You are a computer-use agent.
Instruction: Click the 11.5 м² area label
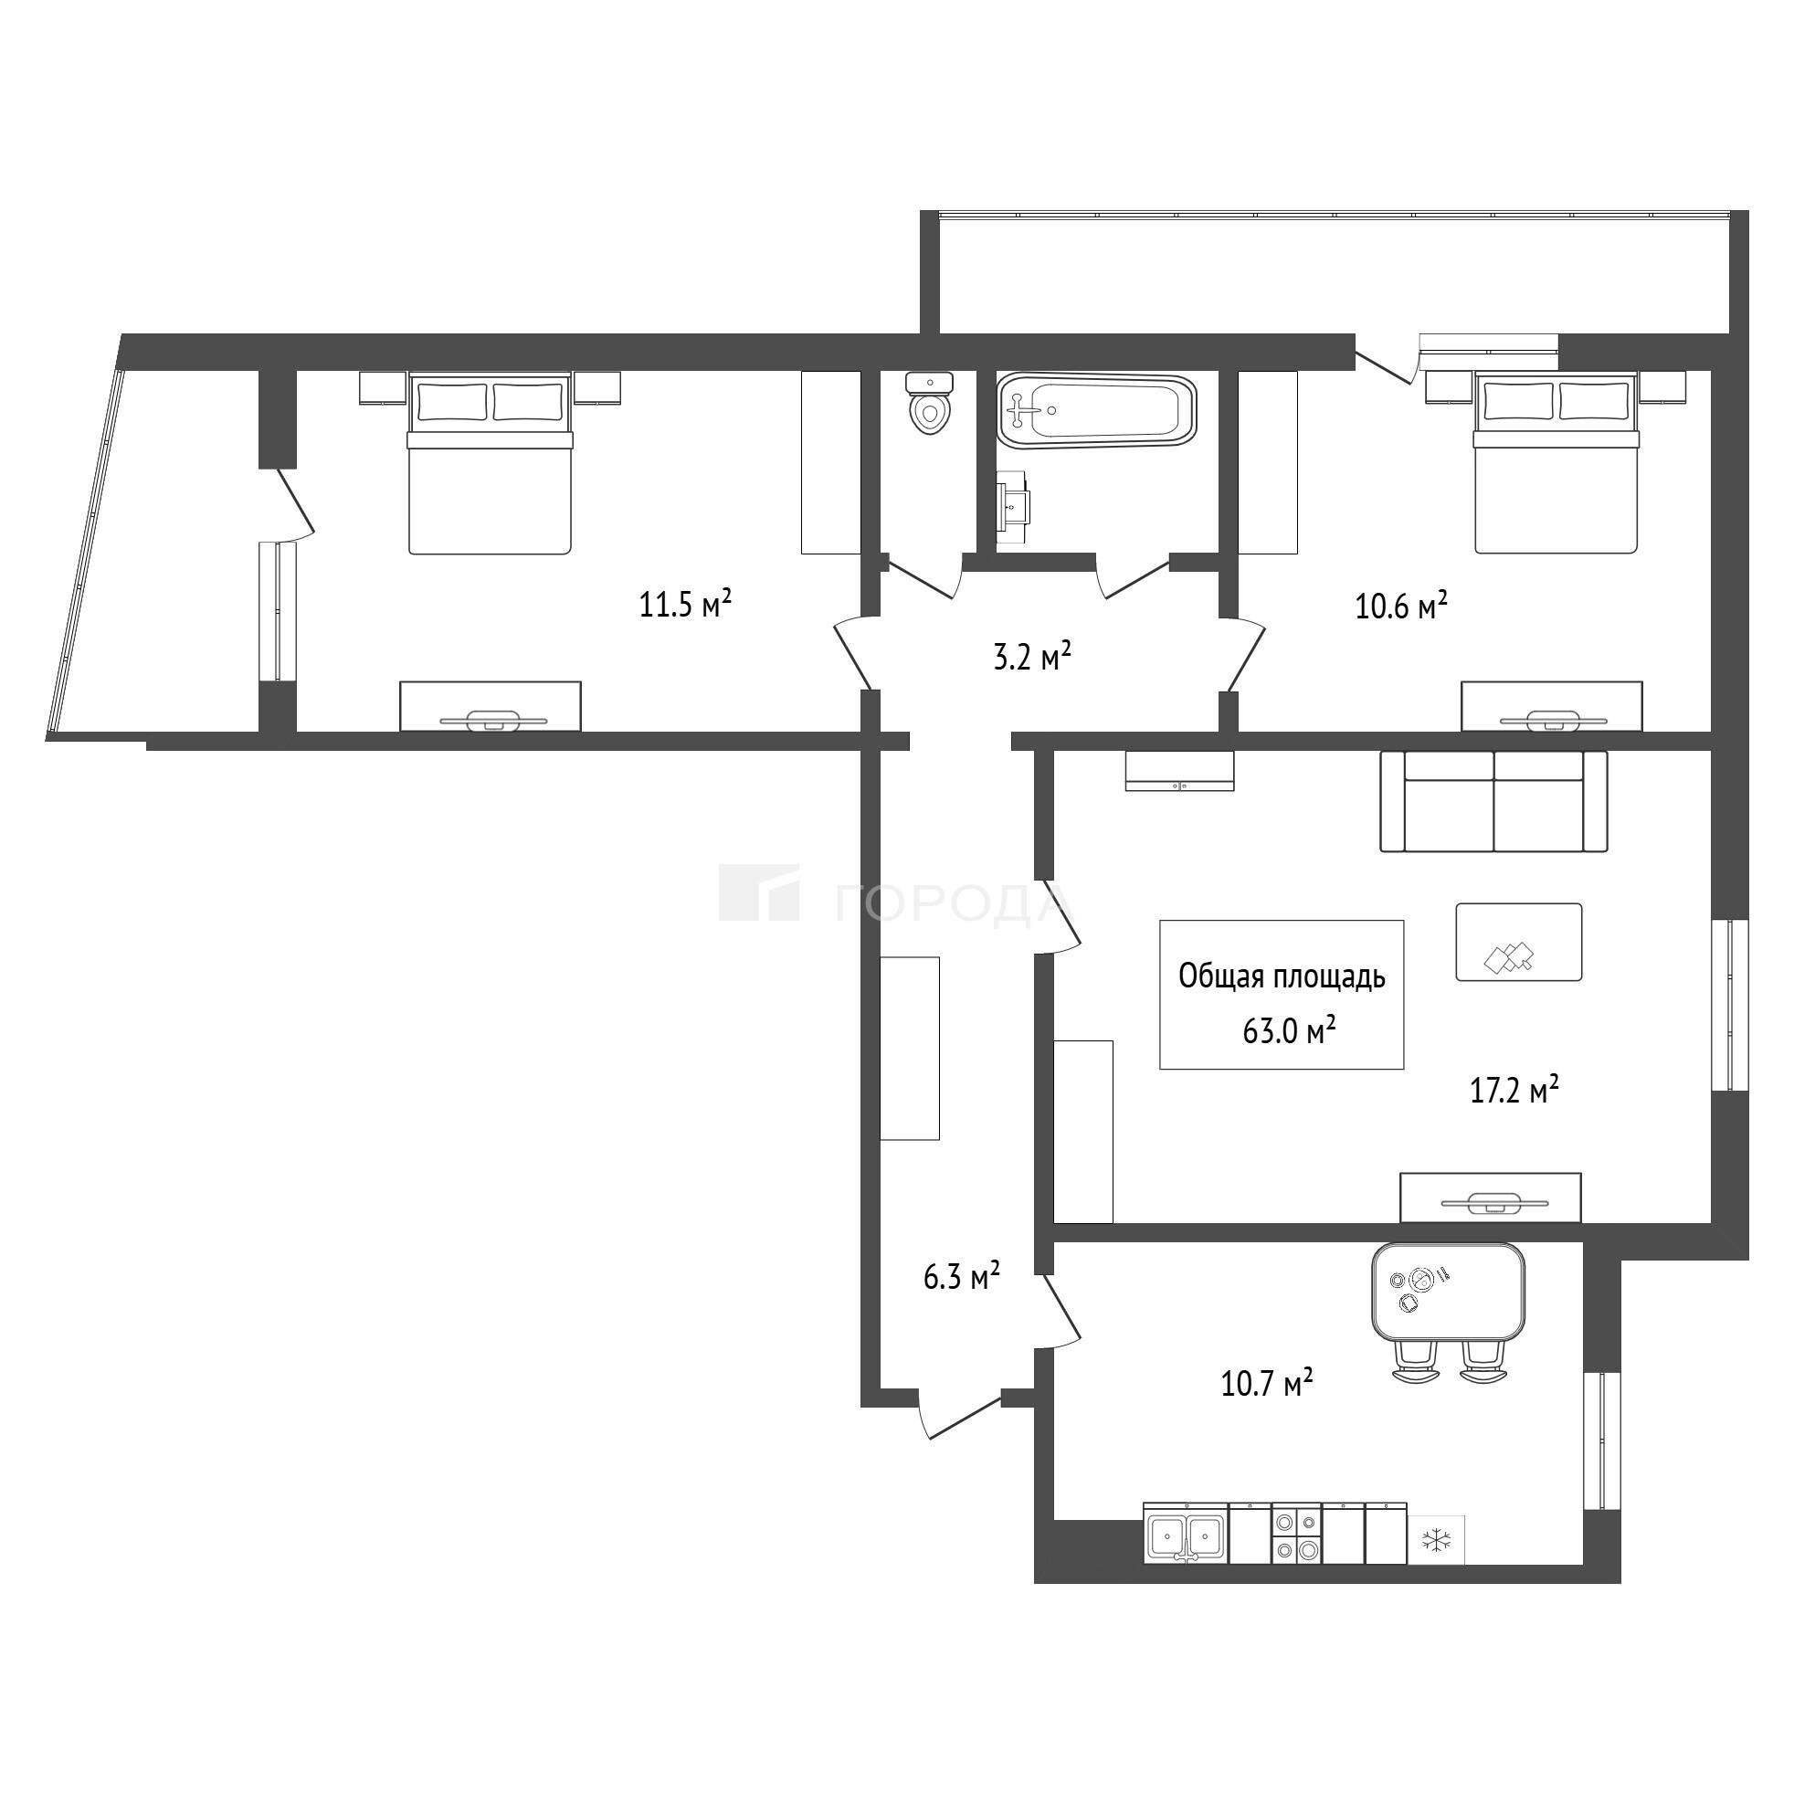[x=685, y=606]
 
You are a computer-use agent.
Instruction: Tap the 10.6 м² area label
[x=1402, y=607]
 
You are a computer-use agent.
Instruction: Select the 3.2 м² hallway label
[x=1032, y=658]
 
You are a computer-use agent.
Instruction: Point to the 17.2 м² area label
[x=1514, y=1089]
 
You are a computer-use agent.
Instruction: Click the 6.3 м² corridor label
[x=961, y=1278]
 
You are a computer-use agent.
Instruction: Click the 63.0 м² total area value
[x=1289, y=1030]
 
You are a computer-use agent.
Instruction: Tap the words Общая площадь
[x=1282, y=976]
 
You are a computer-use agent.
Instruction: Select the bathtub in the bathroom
[x=1097, y=411]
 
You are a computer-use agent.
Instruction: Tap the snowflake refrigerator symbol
[x=1437, y=1543]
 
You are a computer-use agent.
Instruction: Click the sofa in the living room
[x=1494, y=801]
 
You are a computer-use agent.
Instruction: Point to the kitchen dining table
[x=1449, y=1293]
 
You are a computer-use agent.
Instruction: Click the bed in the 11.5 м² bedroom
[x=490, y=463]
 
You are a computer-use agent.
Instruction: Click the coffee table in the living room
[x=1519, y=942]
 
